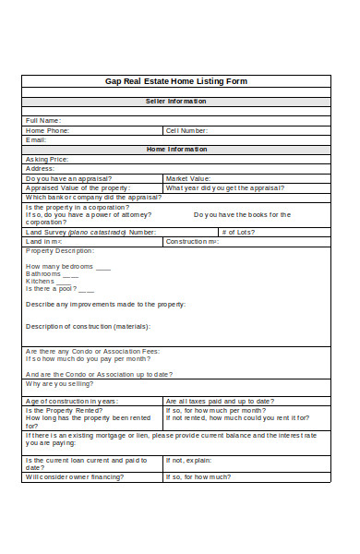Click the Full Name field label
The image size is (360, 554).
[43, 120]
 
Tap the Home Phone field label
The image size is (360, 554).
[48, 130]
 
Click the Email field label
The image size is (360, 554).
[36, 139]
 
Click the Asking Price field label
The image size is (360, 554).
[47, 159]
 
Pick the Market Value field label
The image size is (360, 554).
[188, 178]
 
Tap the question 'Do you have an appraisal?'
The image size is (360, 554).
[69, 178]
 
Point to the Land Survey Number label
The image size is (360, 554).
[90, 232]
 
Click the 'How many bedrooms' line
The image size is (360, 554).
[67, 266]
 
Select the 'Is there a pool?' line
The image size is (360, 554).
[58, 288]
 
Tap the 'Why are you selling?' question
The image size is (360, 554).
[61, 383]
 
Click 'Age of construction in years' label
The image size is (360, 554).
[72, 401]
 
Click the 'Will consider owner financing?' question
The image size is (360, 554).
[82, 477]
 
